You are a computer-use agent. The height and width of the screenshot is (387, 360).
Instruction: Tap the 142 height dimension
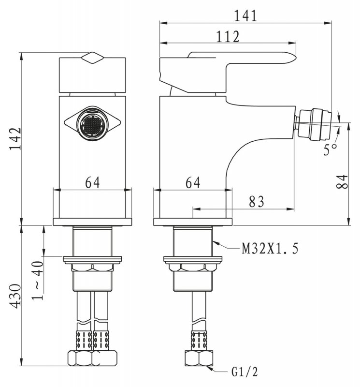coord(14,139)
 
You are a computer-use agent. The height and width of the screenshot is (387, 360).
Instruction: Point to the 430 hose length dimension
coord(14,297)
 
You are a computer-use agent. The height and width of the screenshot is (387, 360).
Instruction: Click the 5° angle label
coord(331,149)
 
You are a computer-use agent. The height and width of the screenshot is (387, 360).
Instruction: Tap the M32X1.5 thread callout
coord(270,249)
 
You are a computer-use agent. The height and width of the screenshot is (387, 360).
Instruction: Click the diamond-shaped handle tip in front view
coord(92,58)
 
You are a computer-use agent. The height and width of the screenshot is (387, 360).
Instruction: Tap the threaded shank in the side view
coord(192,242)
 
